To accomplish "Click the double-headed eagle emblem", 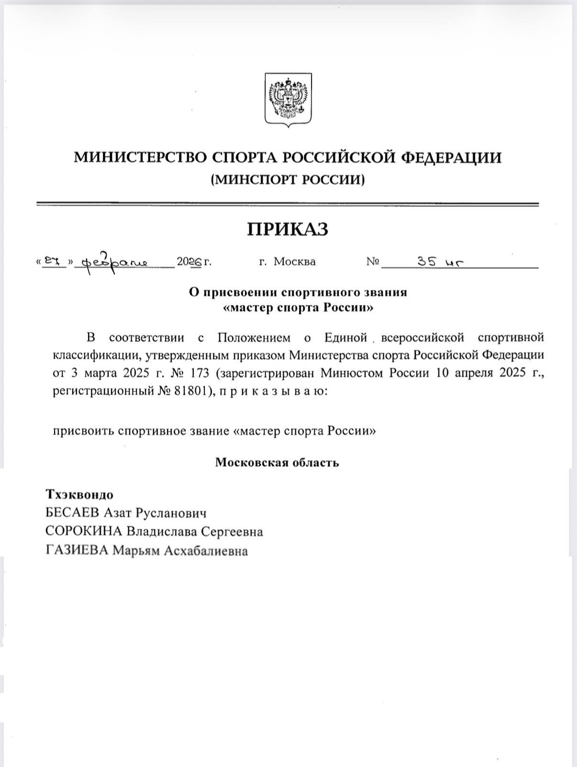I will [288, 100].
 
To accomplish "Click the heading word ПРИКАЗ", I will [288, 229].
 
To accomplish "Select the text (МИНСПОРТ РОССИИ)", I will [288, 179].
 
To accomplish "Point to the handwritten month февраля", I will [115, 263].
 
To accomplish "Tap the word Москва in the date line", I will [294, 262].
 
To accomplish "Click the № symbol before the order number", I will [373, 262].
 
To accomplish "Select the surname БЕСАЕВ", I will [72, 513].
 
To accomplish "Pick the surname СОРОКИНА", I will [84, 532].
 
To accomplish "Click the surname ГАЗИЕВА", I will [77, 551].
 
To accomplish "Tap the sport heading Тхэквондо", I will [79, 494].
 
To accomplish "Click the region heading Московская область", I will [277, 462].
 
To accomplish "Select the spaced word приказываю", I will [273, 391].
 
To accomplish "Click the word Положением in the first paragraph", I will [254, 338].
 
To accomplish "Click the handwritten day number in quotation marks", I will [53, 261].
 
